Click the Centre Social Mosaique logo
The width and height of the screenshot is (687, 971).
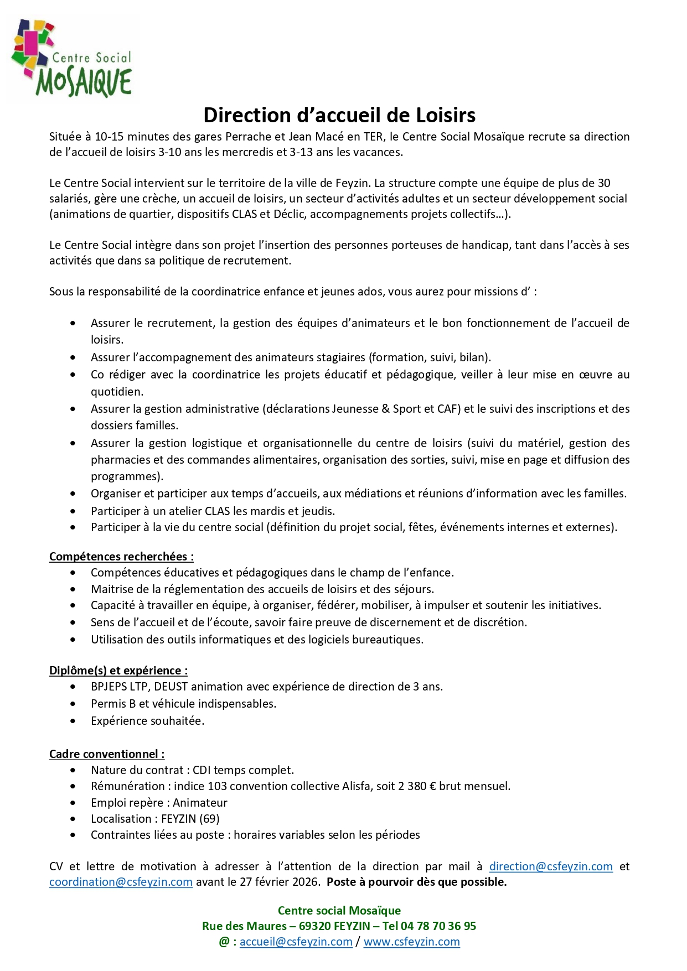tap(71, 59)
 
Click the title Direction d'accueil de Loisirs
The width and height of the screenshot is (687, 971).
tap(339, 115)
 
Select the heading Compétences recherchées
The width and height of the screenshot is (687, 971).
tap(121, 557)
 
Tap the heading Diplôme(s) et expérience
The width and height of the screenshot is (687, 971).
tap(118, 671)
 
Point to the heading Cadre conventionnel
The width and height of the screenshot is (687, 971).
tap(106, 754)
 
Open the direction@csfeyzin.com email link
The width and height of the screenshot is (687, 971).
tap(551, 866)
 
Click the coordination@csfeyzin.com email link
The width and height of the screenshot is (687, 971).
tap(121, 882)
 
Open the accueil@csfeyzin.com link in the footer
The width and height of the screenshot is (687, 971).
tap(296, 942)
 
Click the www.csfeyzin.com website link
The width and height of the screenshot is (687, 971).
tap(411, 942)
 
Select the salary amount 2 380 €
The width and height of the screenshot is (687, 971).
tap(417, 786)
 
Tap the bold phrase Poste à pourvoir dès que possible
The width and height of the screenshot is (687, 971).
tap(416, 882)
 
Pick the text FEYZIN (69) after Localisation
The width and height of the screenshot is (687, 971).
tap(190, 819)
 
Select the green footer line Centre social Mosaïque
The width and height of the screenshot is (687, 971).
tap(339, 911)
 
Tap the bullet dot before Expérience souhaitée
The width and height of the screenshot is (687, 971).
tap(73, 721)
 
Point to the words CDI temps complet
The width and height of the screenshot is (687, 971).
tap(243, 770)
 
